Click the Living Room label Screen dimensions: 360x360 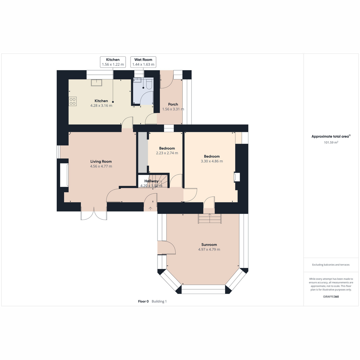click(x=101, y=161)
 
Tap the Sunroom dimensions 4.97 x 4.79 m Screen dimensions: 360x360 click(x=209, y=249)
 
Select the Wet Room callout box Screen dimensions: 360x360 click(x=143, y=62)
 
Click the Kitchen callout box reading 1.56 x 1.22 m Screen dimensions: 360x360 click(x=113, y=62)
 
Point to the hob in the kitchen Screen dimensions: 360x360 click(x=73, y=101)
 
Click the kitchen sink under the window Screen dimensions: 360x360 click(x=96, y=82)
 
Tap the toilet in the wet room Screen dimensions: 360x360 click(x=149, y=84)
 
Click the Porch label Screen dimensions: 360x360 click(x=173, y=104)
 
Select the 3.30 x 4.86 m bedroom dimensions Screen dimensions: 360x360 click(x=212, y=161)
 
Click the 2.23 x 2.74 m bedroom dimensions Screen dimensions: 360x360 click(x=167, y=153)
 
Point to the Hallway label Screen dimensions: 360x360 click(x=151, y=181)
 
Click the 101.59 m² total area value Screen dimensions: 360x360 click(x=331, y=142)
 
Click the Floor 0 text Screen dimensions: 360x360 click(x=143, y=301)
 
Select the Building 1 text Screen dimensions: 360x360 click(x=159, y=301)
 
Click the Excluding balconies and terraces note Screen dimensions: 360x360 click(x=331, y=265)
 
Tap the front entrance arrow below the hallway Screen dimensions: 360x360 click(x=150, y=208)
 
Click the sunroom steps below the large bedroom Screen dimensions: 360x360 click(x=210, y=218)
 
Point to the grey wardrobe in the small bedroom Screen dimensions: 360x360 click(x=143, y=152)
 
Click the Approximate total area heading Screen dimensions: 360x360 click(x=331, y=136)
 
